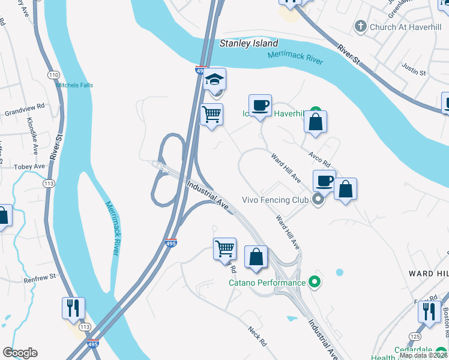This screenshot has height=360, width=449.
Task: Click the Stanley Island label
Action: tap(249, 43)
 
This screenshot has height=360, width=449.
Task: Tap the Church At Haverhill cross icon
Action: tap(360, 26)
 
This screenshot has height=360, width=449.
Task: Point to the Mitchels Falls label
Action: tap(76, 85)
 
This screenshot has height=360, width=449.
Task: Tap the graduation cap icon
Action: tap(214, 79)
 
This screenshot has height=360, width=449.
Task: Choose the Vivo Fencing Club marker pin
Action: tap(318, 200)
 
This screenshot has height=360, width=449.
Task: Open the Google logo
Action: tap(20, 353)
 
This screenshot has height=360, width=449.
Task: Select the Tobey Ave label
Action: tap(30, 166)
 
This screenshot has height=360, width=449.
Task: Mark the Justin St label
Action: tap(414, 73)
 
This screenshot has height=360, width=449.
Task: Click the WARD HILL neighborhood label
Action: tap(428, 273)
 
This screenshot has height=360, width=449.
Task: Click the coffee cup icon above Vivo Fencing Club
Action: tap(324, 181)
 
